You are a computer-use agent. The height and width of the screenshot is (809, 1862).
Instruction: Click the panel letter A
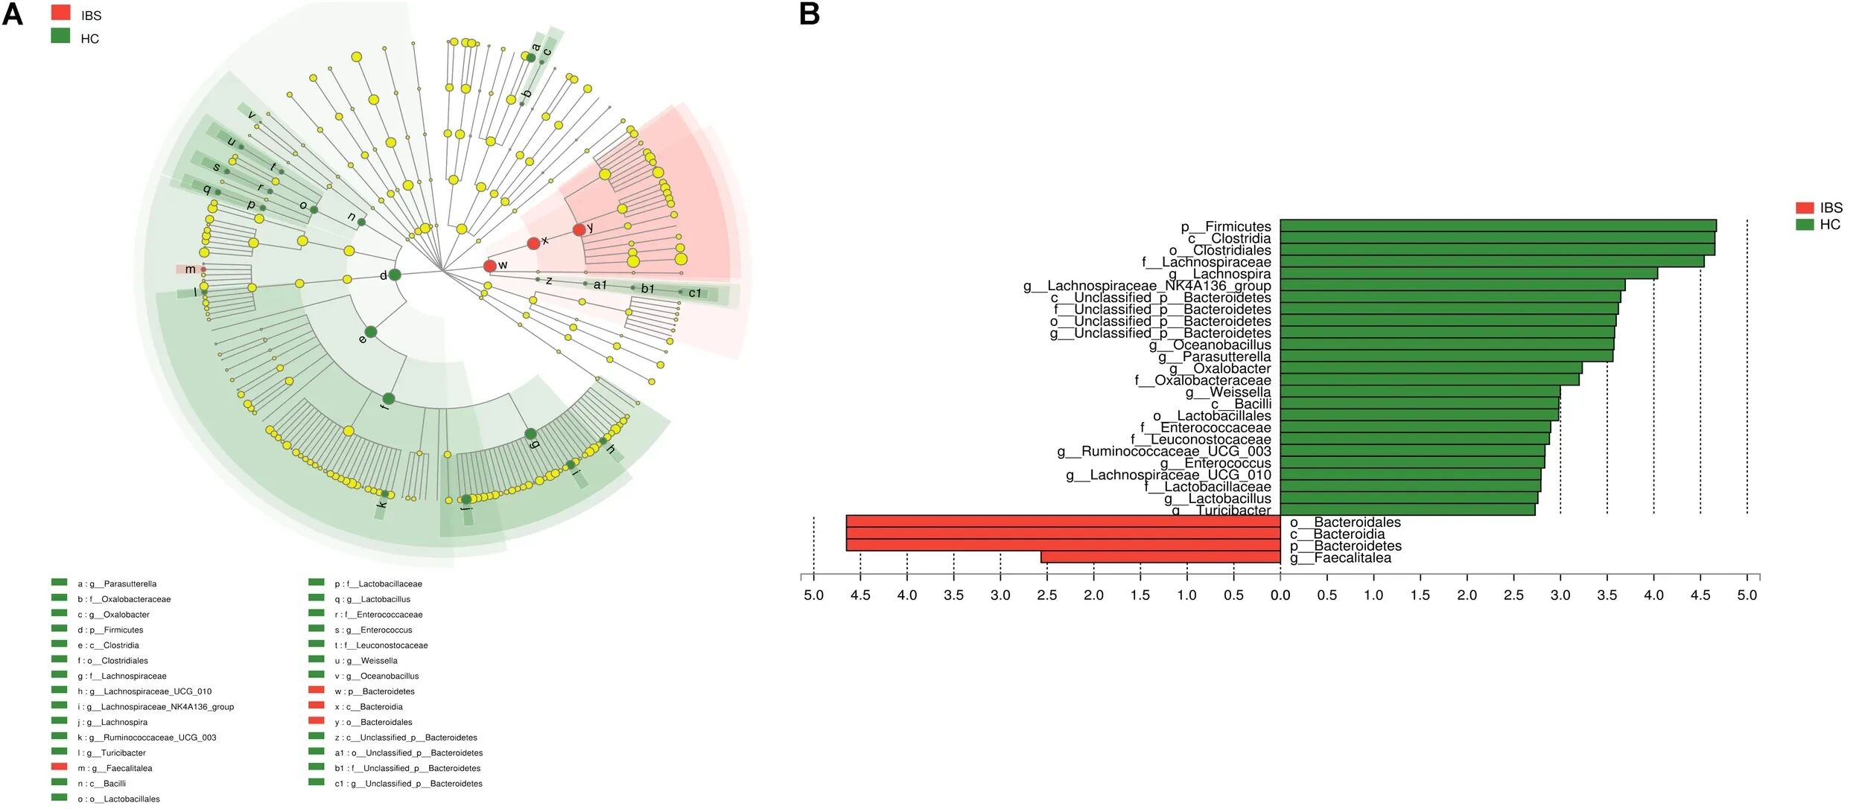pos(13,13)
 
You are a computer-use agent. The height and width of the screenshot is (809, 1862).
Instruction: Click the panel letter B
pos(810,13)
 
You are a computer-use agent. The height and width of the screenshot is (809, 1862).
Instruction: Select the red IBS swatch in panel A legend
pos(61,13)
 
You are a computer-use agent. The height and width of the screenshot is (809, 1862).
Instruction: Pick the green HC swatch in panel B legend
pos(1805,225)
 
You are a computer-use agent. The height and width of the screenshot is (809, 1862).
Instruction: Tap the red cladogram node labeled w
pos(489,266)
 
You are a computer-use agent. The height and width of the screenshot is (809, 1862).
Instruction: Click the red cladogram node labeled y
pos(579,230)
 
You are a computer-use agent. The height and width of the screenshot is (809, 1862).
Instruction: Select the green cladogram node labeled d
pos(395,275)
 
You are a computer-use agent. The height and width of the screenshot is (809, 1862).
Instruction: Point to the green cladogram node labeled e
pos(370,332)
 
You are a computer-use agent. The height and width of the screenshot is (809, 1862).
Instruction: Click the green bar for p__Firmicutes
pos(1497,226)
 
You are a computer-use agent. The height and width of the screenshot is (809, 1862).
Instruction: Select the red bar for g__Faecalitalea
pos(1160,557)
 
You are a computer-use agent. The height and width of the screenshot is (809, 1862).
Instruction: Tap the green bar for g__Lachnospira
pos(1468,273)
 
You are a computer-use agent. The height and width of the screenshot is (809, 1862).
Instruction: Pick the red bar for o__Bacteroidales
pos(1063,522)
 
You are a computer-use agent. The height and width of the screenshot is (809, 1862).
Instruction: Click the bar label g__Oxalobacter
pos(1219,368)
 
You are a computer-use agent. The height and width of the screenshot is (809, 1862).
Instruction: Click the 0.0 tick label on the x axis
pos(1280,595)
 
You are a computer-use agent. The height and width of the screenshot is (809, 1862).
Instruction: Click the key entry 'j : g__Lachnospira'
pos(112,722)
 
